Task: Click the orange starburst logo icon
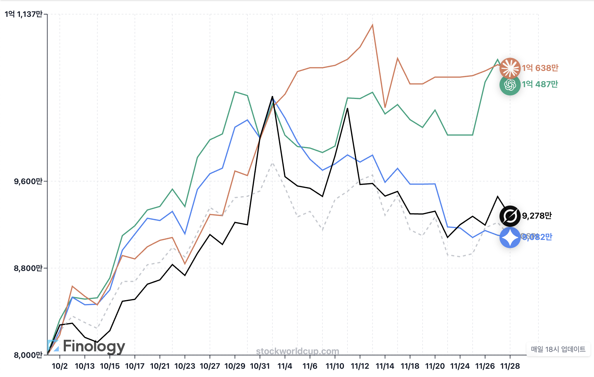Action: (x=510, y=68)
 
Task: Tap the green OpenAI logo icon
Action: (x=510, y=85)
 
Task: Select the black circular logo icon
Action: (x=510, y=216)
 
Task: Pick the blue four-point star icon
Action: (x=510, y=237)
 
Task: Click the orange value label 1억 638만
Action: (x=540, y=68)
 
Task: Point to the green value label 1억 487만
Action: (x=540, y=84)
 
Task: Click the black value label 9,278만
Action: (x=537, y=216)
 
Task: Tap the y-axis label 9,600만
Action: (x=28, y=181)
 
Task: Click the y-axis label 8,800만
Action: (x=28, y=268)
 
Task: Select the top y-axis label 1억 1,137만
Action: (x=24, y=14)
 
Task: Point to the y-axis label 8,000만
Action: (x=28, y=355)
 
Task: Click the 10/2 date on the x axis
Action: (x=60, y=366)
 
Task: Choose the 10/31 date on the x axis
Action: (x=260, y=366)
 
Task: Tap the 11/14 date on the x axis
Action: (x=385, y=366)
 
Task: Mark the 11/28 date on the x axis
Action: (x=510, y=366)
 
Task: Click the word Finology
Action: (x=94, y=346)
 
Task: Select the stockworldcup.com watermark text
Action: (x=297, y=351)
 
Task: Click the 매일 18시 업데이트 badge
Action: (x=558, y=349)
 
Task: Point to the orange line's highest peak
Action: (x=373, y=25)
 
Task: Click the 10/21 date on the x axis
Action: (x=160, y=366)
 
